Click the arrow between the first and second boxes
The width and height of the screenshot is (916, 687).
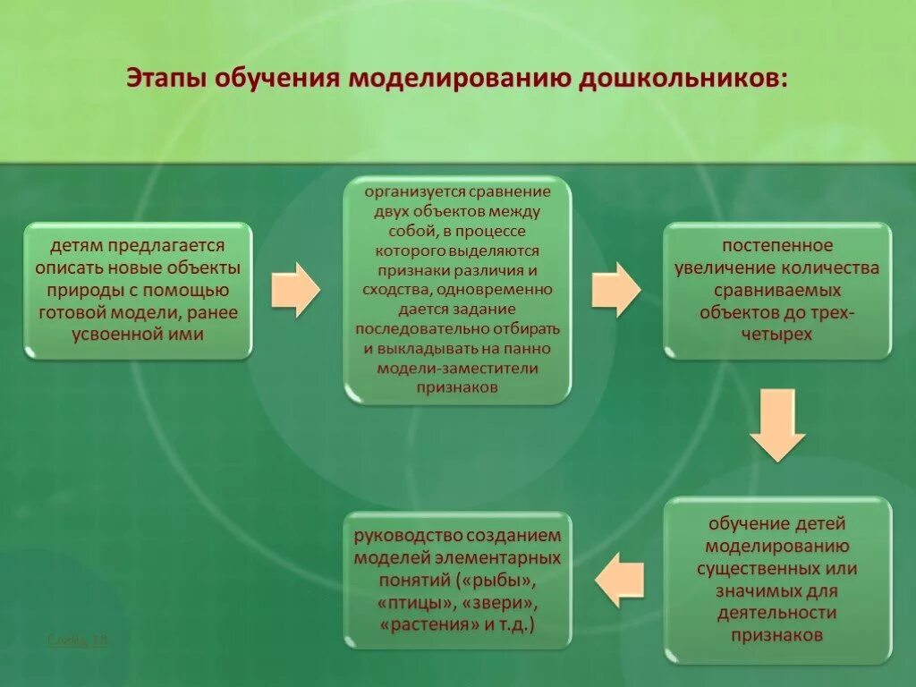point(295,290)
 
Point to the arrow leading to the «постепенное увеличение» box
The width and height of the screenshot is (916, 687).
point(615,290)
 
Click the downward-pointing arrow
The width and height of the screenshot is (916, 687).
point(777,424)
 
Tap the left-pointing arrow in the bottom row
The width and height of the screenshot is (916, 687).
point(619,580)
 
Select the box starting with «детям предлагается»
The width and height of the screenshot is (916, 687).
point(138,291)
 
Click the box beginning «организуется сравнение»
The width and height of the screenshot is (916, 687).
point(457,290)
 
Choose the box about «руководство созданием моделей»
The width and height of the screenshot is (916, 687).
point(457,580)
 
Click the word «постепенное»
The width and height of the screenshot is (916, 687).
point(777,246)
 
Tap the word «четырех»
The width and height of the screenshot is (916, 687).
point(776,335)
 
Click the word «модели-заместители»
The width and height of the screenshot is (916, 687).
point(456,368)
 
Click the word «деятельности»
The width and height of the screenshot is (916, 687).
point(776,613)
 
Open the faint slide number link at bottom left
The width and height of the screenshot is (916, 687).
point(78,640)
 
